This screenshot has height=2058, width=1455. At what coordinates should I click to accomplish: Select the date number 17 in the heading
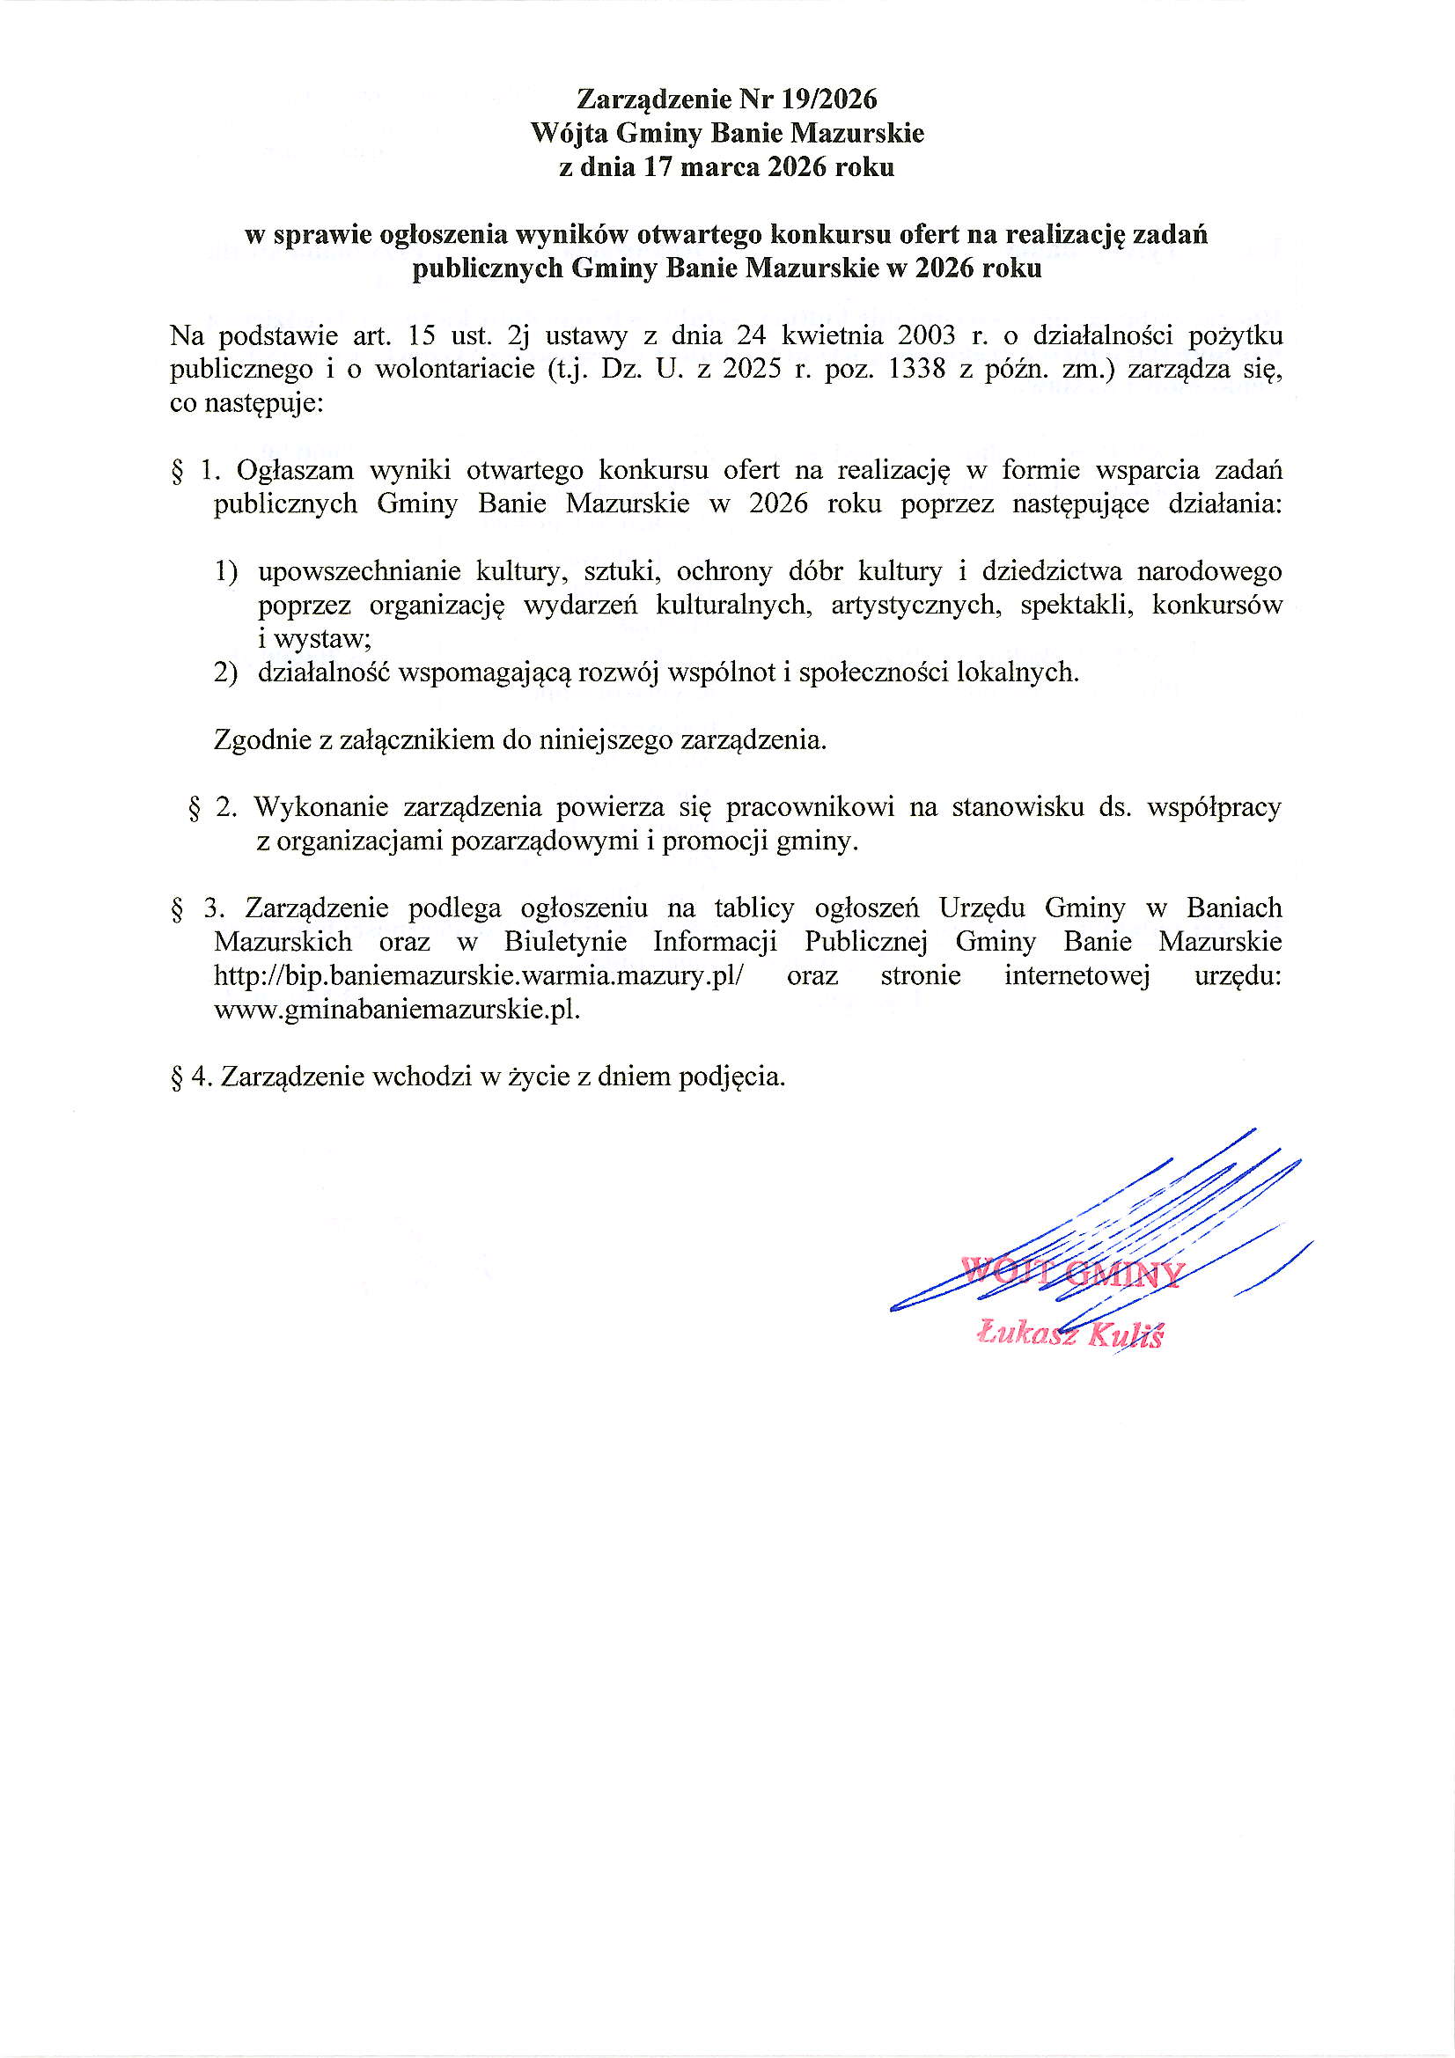click(658, 167)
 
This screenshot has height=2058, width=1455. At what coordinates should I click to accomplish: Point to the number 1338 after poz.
click(915, 370)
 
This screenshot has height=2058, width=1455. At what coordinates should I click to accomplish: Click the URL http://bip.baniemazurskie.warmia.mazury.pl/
click(479, 975)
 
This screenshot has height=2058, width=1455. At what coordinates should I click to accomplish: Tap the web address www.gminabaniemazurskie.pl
click(396, 1011)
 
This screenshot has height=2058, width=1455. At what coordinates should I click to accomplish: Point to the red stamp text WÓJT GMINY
click(1071, 1274)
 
